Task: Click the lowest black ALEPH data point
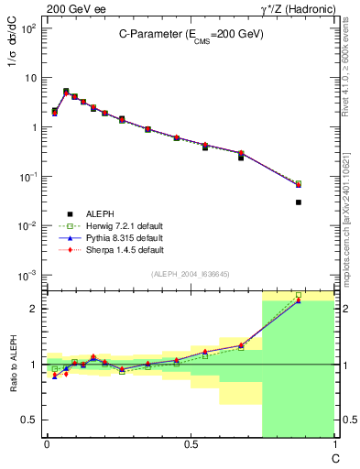pos(299,202)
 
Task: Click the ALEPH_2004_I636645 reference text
pos(190,275)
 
